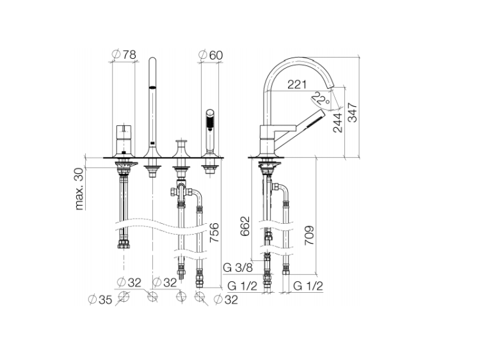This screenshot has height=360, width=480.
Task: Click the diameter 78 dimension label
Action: pyautogui.click(x=124, y=55)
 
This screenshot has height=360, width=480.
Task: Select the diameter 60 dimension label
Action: pyautogui.click(x=211, y=55)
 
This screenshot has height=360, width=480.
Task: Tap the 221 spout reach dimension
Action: pyautogui.click(x=296, y=84)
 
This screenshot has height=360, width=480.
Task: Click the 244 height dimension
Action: pyautogui.click(x=337, y=123)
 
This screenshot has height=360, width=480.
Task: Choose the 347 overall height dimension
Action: pyautogui.click(x=353, y=113)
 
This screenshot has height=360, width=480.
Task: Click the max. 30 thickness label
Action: pyautogui.click(x=79, y=189)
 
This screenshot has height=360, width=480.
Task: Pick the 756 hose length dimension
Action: pyautogui.click(x=214, y=233)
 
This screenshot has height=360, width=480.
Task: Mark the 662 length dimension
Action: pyautogui.click(x=245, y=226)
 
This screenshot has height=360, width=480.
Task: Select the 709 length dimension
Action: pyautogui.click(x=309, y=235)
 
